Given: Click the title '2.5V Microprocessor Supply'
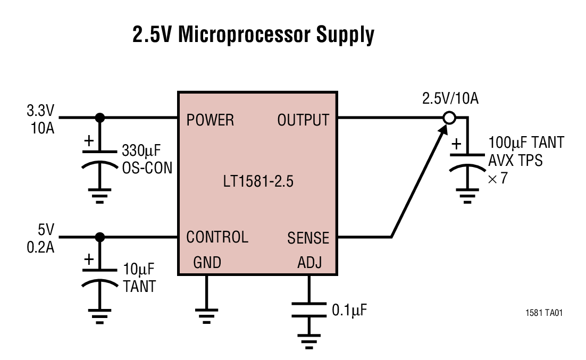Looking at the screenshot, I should [253, 35].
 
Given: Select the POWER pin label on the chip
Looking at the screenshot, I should [210, 120].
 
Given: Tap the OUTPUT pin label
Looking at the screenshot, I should [303, 120].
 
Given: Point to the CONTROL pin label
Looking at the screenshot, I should [217, 237].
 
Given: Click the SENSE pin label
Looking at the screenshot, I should [308, 238].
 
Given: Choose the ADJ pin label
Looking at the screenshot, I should [309, 263].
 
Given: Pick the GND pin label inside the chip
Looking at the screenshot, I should [207, 263].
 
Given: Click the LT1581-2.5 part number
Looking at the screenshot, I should [258, 182].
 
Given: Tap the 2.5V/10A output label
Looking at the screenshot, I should [450, 98].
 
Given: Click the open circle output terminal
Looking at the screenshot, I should [449, 118].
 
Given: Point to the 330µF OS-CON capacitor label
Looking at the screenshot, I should [147, 158].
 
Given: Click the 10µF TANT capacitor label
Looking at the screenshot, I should [140, 277].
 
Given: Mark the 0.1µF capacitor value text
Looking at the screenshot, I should [349, 309].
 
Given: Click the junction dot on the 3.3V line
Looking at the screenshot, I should [99, 118].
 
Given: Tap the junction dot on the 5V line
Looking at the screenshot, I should [99, 237].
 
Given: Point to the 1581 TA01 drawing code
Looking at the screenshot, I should [544, 313].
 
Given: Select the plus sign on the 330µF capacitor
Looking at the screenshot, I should [89, 141].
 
